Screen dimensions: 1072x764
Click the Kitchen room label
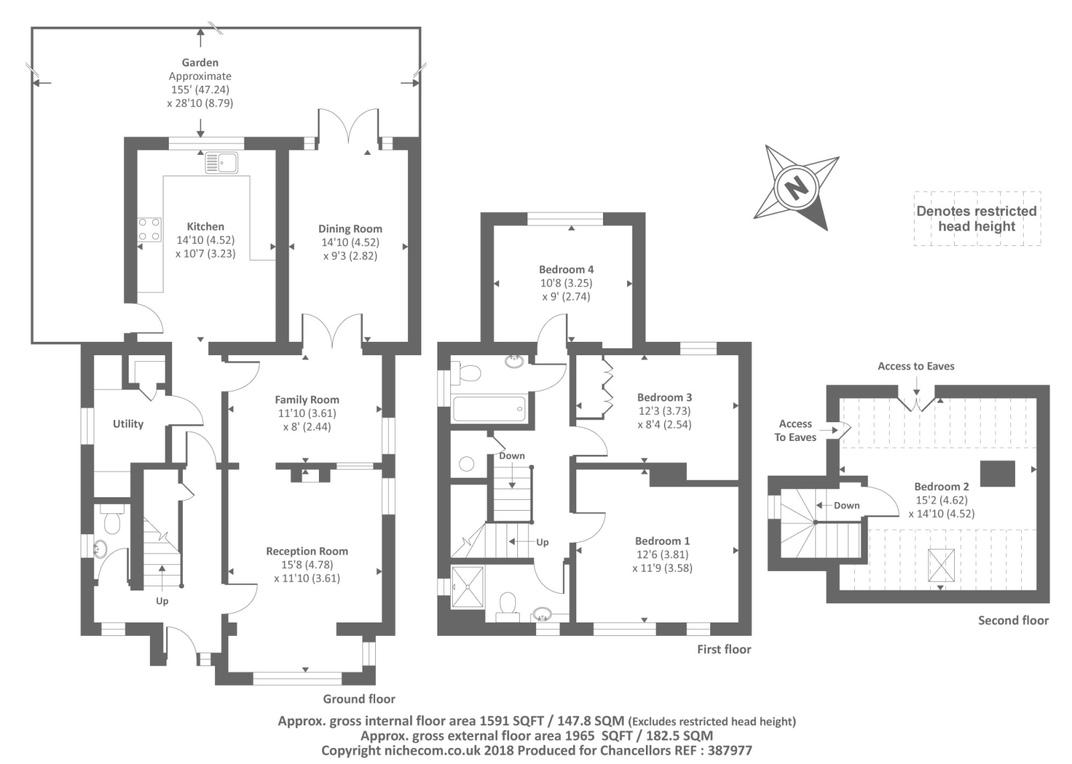(205, 227)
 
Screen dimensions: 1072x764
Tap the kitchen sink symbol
(221, 163)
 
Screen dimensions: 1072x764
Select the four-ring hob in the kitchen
(149, 229)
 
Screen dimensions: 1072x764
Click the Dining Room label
(350, 229)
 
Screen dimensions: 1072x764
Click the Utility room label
(128, 424)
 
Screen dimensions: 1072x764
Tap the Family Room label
(307, 399)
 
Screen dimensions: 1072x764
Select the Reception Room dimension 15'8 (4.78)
(307, 564)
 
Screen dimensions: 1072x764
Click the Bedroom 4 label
(566, 269)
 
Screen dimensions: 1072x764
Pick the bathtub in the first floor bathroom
(488, 409)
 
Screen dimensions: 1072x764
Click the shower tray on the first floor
(468, 587)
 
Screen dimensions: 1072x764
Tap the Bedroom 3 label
(664, 397)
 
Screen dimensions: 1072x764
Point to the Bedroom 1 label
(663, 541)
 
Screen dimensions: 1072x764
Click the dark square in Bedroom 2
(998, 473)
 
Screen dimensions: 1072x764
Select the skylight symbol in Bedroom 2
(941, 566)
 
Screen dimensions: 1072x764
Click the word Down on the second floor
(847, 505)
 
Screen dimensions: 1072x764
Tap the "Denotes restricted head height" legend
(977, 218)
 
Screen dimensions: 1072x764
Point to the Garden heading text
(200, 62)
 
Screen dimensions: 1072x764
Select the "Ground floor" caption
(359, 699)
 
